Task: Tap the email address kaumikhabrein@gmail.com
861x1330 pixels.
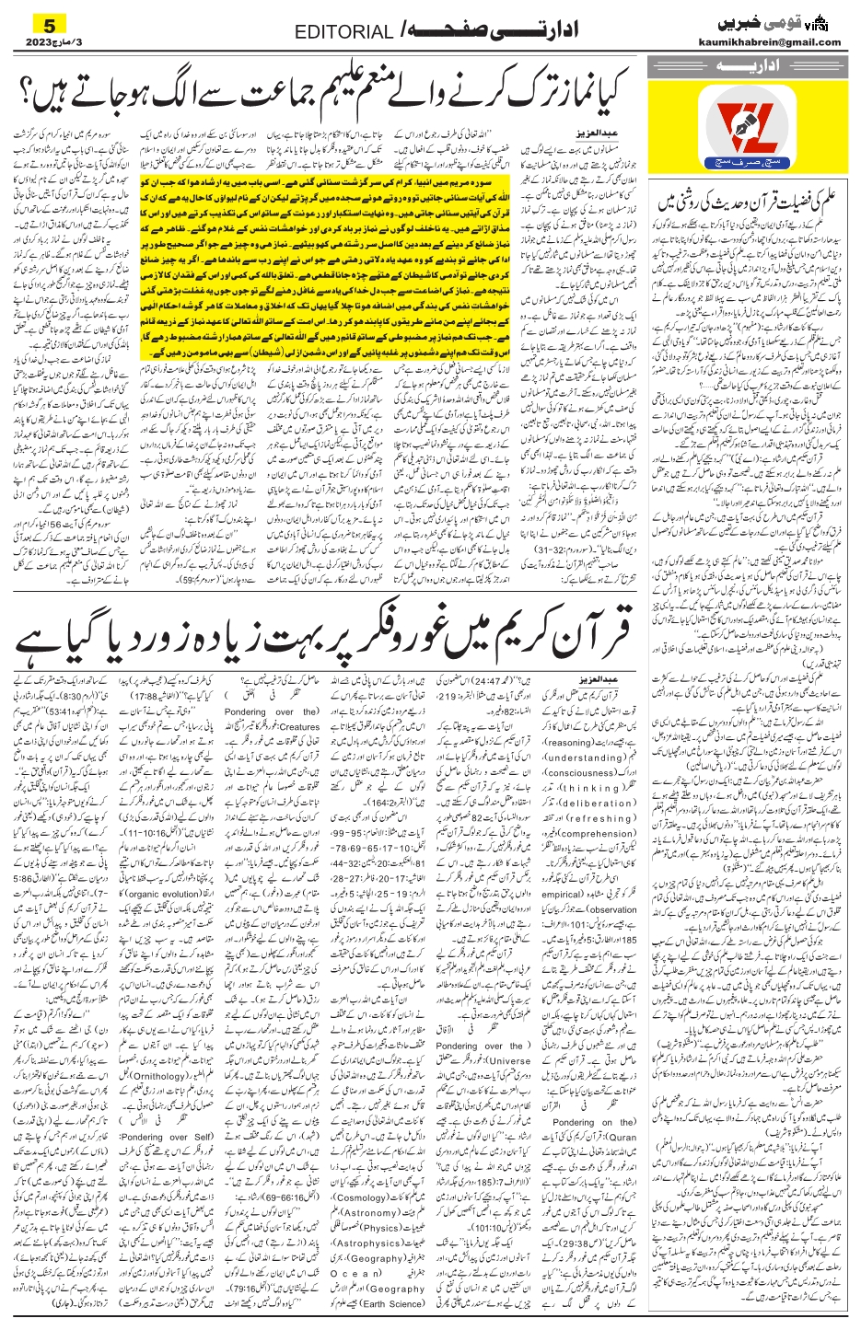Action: click(x=781, y=42)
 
